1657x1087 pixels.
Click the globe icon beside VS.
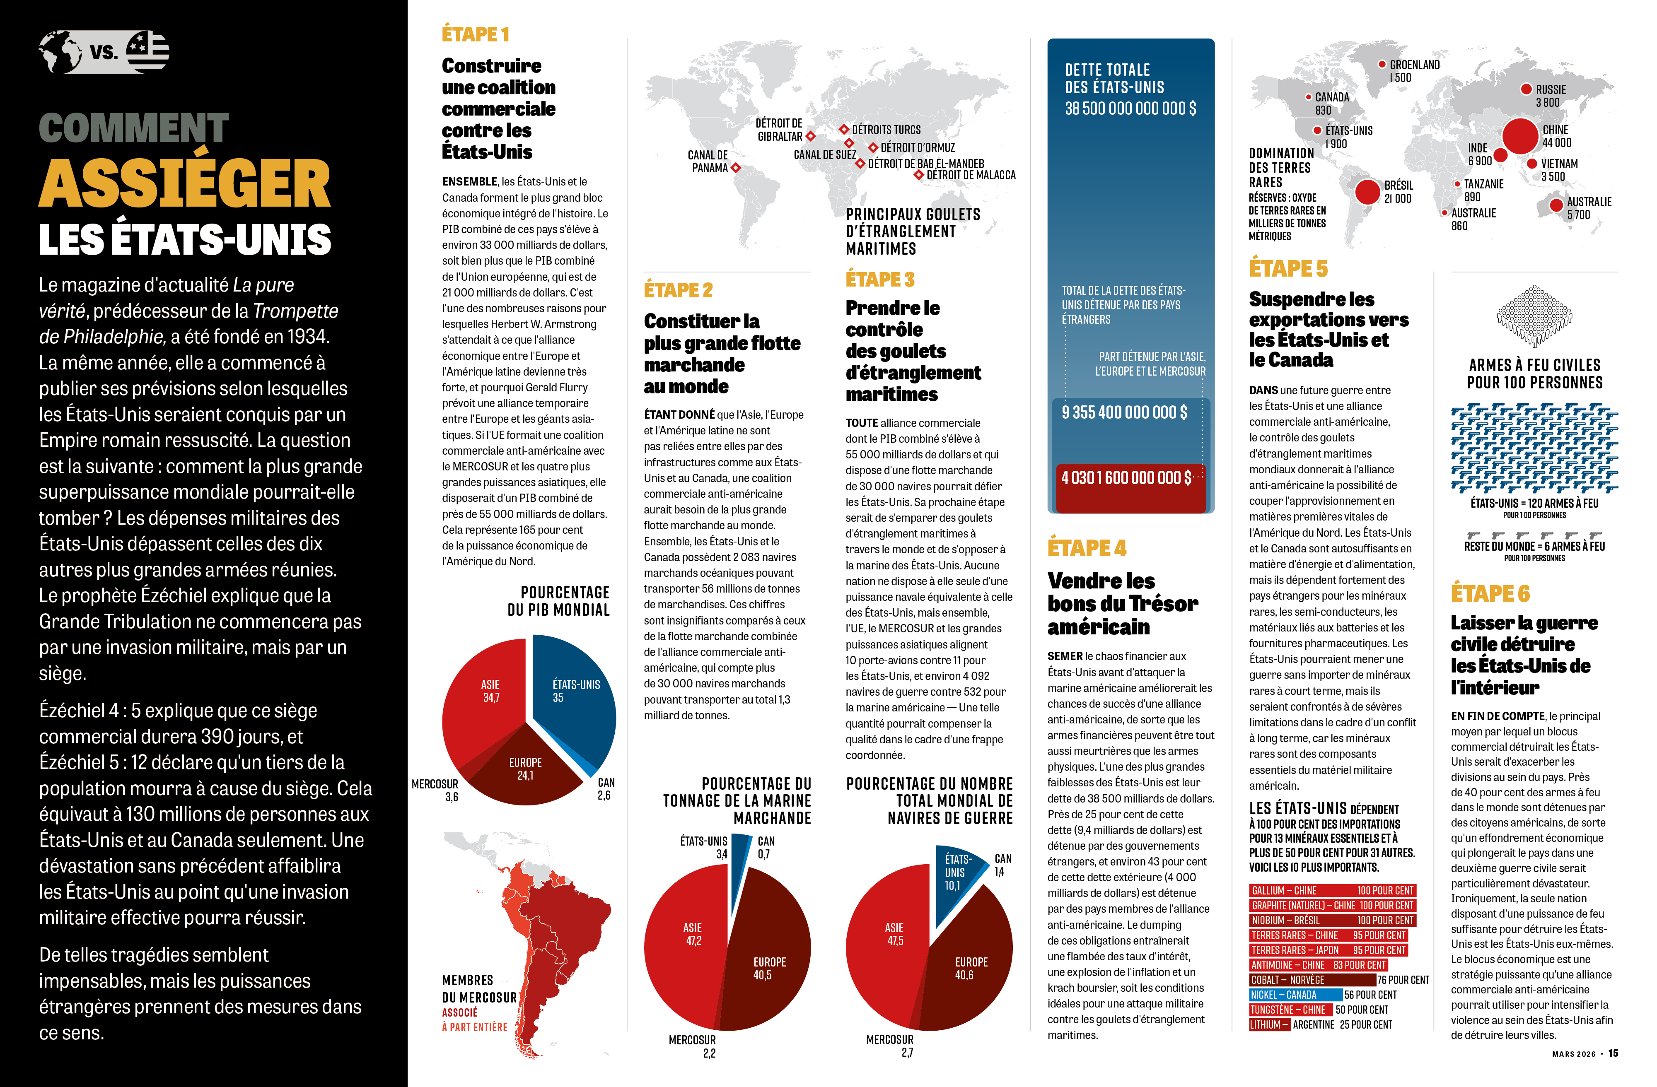pyautogui.click(x=60, y=51)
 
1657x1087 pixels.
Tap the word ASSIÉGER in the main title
pyautogui.click(x=184, y=183)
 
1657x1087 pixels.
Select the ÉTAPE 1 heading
pyautogui.click(x=476, y=34)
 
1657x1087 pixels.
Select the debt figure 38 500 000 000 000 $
pyautogui.click(x=1130, y=108)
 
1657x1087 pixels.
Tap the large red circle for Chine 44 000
pyautogui.click(x=1520, y=136)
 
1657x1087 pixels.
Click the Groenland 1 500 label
pyautogui.click(x=1414, y=71)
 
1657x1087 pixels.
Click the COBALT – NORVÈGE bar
pyautogui.click(x=1312, y=980)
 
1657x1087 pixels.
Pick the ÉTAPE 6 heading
pyautogui.click(x=1490, y=593)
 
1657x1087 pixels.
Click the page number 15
pyautogui.click(x=1613, y=1053)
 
